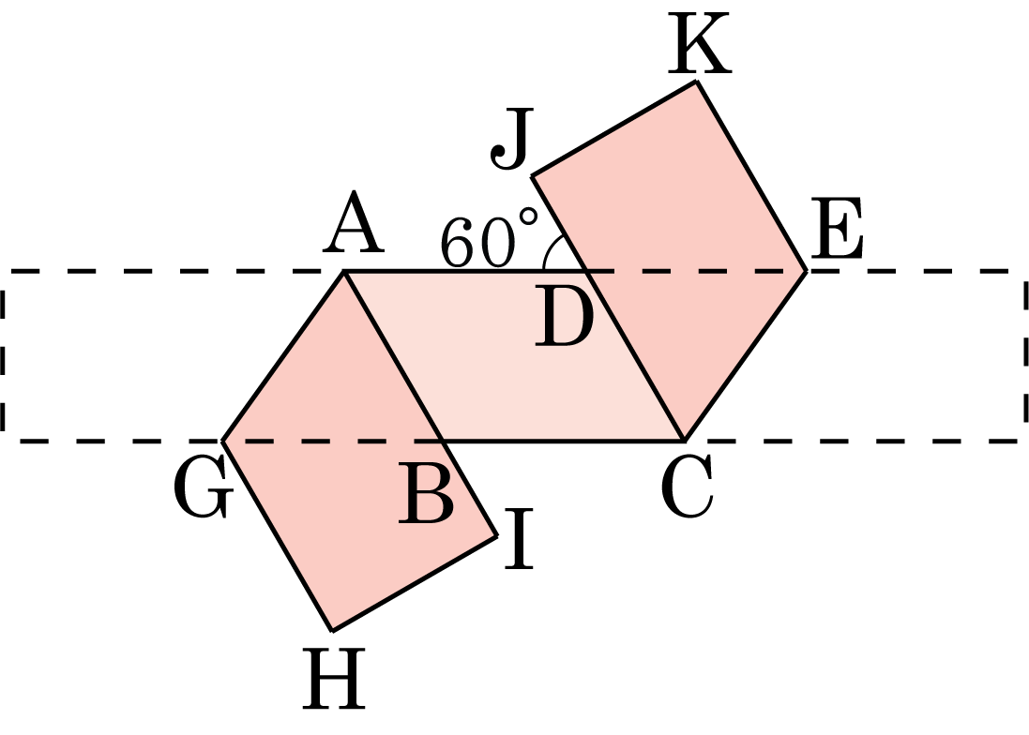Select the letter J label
511,139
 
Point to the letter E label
837,229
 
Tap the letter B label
426,492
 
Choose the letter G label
203,487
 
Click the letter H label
333,679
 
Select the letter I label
519,539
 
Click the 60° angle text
489,239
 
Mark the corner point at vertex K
696,82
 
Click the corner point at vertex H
332,631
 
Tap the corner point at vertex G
223,441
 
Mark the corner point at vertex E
806,270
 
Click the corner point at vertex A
344,271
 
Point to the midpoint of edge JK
614,128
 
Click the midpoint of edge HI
415,583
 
